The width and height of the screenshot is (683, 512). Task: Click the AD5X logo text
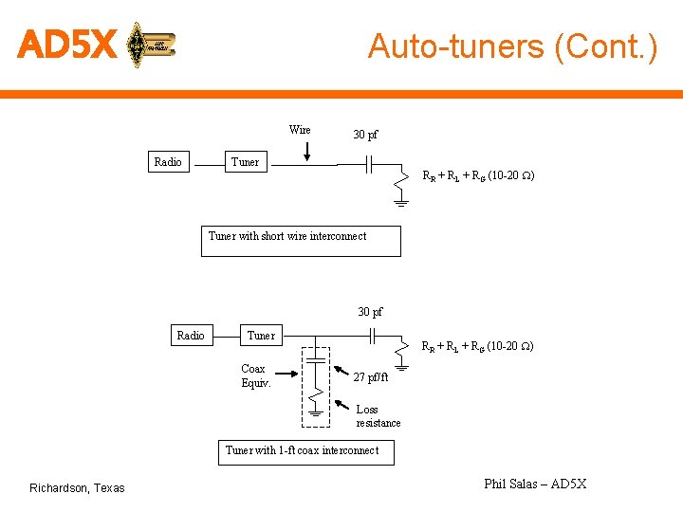[66, 44]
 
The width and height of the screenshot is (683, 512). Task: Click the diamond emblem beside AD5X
[138, 44]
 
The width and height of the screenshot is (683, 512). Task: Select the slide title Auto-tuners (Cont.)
[512, 46]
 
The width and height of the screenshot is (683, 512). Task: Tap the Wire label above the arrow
[300, 130]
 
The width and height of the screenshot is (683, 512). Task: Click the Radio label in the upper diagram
[168, 162]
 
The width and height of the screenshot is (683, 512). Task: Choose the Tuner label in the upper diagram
[245, 162]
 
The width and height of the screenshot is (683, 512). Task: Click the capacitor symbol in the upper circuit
[371, 165]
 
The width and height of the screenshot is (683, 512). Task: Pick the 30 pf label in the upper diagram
[365, 135]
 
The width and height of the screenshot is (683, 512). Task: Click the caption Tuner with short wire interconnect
[287, 236]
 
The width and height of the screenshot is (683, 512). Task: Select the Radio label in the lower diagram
[191, 336]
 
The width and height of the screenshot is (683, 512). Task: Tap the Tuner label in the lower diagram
[261, 336]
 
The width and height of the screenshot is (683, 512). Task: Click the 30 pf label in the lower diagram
[371, 312]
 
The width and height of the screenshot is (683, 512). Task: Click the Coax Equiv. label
[255, 375]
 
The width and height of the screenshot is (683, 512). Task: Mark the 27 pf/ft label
[371, 376]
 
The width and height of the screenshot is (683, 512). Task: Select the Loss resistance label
[378, 416]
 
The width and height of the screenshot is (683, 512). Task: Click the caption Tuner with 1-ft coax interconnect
[302, 450]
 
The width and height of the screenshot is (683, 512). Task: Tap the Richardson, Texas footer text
[77, 488]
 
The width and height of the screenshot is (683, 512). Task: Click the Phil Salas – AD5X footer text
[535, 485]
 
